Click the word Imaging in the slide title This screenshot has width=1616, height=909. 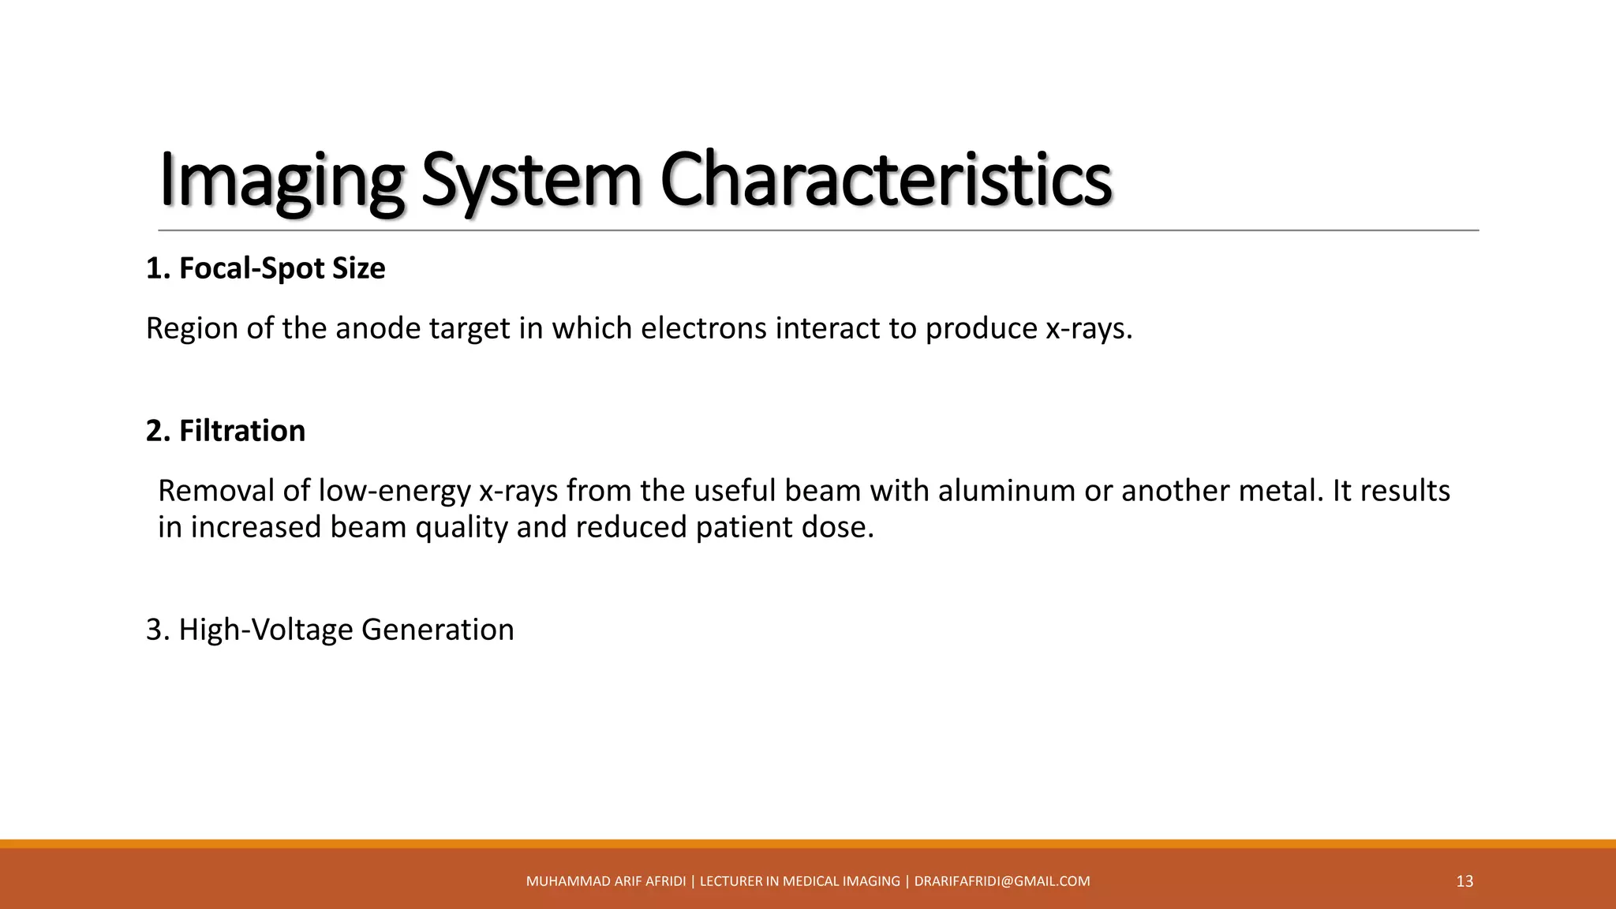coord(281,181)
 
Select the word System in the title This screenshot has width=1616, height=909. coord(532,181)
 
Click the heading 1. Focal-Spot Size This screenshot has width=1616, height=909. coord(266,269)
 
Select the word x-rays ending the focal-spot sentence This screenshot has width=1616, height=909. coord(1088,329)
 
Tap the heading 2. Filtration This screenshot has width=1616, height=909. coord(226,432)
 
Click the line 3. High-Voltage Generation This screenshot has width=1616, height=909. coord(330,630)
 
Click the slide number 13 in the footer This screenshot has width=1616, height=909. coord(1464,881)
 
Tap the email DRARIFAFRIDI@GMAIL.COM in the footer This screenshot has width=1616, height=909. coord(1002,881)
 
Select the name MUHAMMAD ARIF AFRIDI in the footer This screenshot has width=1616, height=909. coord(606,881)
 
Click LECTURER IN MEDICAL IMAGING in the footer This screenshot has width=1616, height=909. coord(800,881)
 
